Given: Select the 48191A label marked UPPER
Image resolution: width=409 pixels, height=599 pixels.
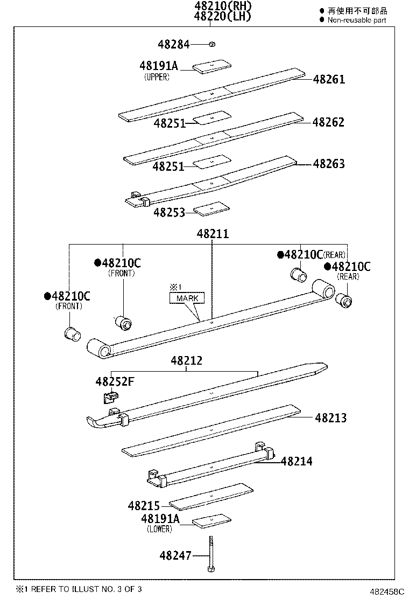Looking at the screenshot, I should [x=158, y=66].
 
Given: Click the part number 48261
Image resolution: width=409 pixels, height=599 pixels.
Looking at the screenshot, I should [x=329, y=80].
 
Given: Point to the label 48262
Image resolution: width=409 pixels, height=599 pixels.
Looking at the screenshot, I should [x=328, y=122].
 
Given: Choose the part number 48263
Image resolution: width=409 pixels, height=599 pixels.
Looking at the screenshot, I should [x=329, y=164].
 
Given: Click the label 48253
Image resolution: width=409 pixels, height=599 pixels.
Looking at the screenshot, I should [x=169, y=213].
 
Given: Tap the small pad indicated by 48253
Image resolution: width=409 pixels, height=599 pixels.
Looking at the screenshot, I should [x=211, y=209].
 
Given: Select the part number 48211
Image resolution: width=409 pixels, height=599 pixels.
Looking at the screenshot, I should [x=213, y=234].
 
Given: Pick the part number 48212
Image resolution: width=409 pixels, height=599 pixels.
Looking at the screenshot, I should [x=186, y=361].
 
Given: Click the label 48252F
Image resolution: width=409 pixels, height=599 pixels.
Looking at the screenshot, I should [x=115, y=382].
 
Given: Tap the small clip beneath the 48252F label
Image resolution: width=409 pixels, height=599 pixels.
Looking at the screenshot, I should [x=110, y=398].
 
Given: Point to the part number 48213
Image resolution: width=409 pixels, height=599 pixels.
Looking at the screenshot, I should [x=330, y=417].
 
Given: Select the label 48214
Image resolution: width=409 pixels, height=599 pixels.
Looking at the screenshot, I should [x=296, y=461].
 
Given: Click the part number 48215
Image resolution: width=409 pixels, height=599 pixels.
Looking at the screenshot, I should [x=144, y=506].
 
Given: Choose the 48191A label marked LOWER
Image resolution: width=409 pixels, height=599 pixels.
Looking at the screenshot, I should [x=159, y=519].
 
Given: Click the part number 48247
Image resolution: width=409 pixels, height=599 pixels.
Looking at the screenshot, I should [x=175, y=555].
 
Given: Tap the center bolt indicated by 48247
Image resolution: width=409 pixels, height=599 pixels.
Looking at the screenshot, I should [x=211, y=555].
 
